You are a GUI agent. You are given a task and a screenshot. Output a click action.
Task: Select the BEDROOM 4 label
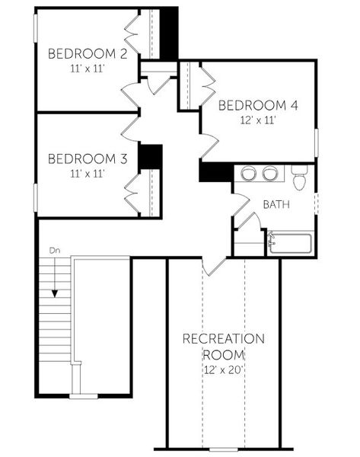point(258,105)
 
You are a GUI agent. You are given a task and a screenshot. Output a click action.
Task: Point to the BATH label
point(276,204)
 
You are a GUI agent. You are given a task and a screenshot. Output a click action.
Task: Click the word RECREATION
point(223,339)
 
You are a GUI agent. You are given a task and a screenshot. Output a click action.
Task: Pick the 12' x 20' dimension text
point(223,369)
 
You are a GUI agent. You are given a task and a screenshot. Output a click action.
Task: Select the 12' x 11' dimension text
point(257,120)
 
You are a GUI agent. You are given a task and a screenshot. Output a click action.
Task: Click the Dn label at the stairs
point(54,250)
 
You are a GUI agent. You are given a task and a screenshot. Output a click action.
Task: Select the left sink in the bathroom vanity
point(248,174)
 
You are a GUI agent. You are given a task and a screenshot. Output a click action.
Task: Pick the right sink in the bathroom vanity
point(269,174)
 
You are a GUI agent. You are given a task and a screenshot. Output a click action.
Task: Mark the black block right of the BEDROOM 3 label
point(151,156)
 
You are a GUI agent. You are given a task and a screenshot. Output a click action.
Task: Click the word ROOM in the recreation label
point(223,354)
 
